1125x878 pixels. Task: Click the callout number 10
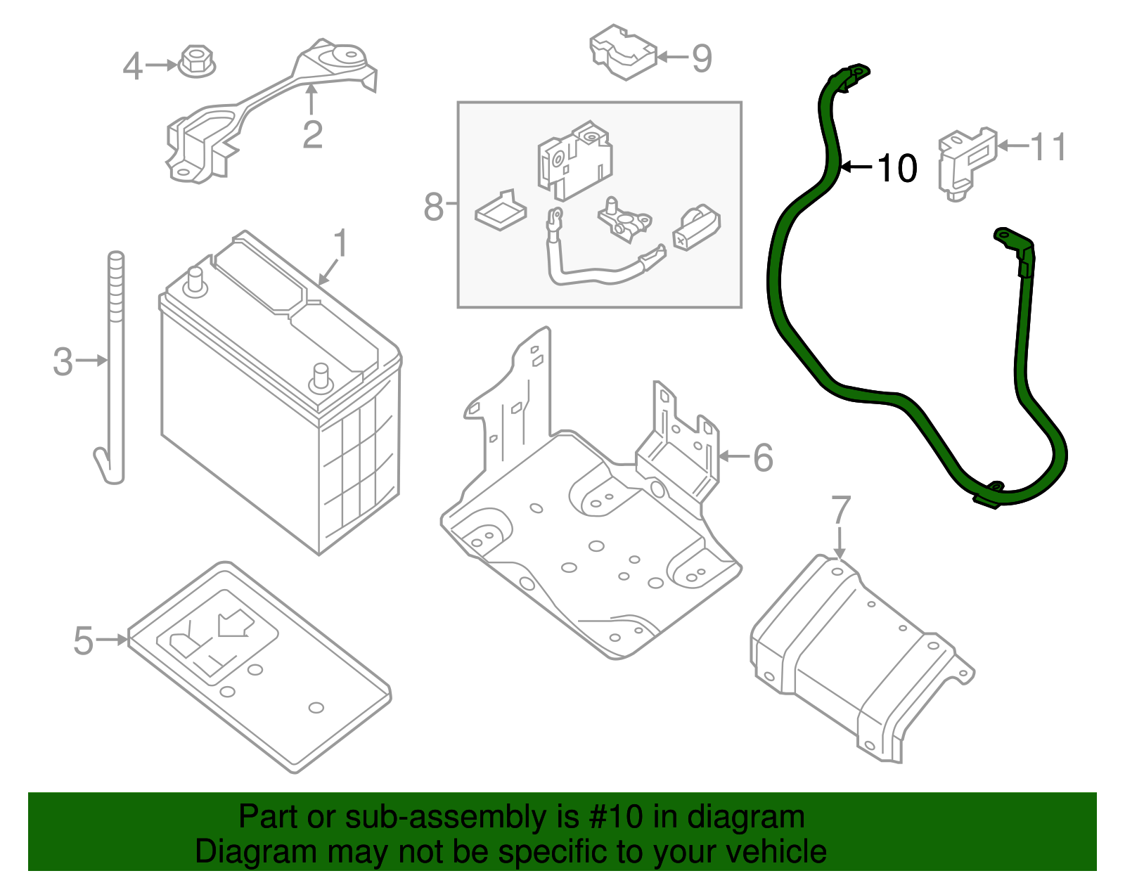[x=897, y=169]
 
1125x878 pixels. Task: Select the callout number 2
[x=312, y=134]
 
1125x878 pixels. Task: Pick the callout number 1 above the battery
[x=340, y=243]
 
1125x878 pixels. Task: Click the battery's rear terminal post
[x=195, y=280]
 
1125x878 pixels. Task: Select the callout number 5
[x=83, y=640]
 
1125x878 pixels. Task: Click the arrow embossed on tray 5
[x=234, y=623]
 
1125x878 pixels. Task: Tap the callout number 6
[x=763, y=458]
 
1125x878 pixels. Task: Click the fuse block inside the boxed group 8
[x=574, y=161]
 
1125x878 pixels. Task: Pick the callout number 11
[x=1048, y=147]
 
